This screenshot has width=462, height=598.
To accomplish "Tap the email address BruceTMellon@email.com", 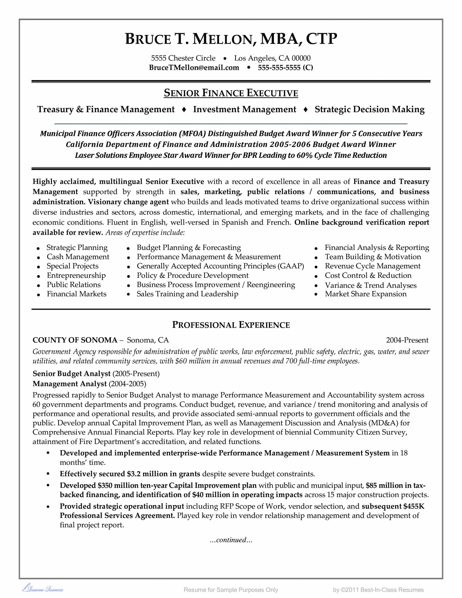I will pyautogui.click(x=194, y=68).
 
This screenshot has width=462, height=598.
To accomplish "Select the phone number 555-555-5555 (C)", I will pyautogui.click(x=285, y=68).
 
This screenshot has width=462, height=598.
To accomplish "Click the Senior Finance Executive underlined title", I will pyautogui.click(x=231, y=93).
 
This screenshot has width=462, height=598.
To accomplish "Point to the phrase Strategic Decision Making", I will pyautogui.click(x=369, y=109).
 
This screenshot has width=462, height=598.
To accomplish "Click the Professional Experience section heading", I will pyautogui.click(x=231, y=325).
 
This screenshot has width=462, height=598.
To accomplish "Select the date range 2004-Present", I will pyautogui.click(x=407, y=340).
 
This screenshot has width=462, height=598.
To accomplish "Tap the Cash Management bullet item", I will pyautogui.click(x=78, y=257).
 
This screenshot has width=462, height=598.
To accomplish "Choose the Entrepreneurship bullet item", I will pyautogui.click(x=76, y=275).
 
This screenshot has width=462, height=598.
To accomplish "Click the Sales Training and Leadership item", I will pyautogui.click(x=187, y=294).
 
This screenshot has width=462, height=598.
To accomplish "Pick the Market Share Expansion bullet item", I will pyautogui.click(x=365, y=294).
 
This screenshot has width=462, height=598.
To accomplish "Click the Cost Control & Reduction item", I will pyautogui.click(x=368, y=275).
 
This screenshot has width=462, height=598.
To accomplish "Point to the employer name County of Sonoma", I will pyautogui.click(x=75, y=340).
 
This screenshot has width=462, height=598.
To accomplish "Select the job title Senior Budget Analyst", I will pyautogui.click(x=71, y=374).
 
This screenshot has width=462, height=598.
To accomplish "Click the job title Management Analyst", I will pyautogui.click(x=70, y=384).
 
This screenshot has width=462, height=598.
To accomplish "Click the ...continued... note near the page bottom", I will pyautogui.click(x=231, y=540).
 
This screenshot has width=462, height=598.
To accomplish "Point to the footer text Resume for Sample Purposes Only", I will pyautogui.click(x=231, y=590).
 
